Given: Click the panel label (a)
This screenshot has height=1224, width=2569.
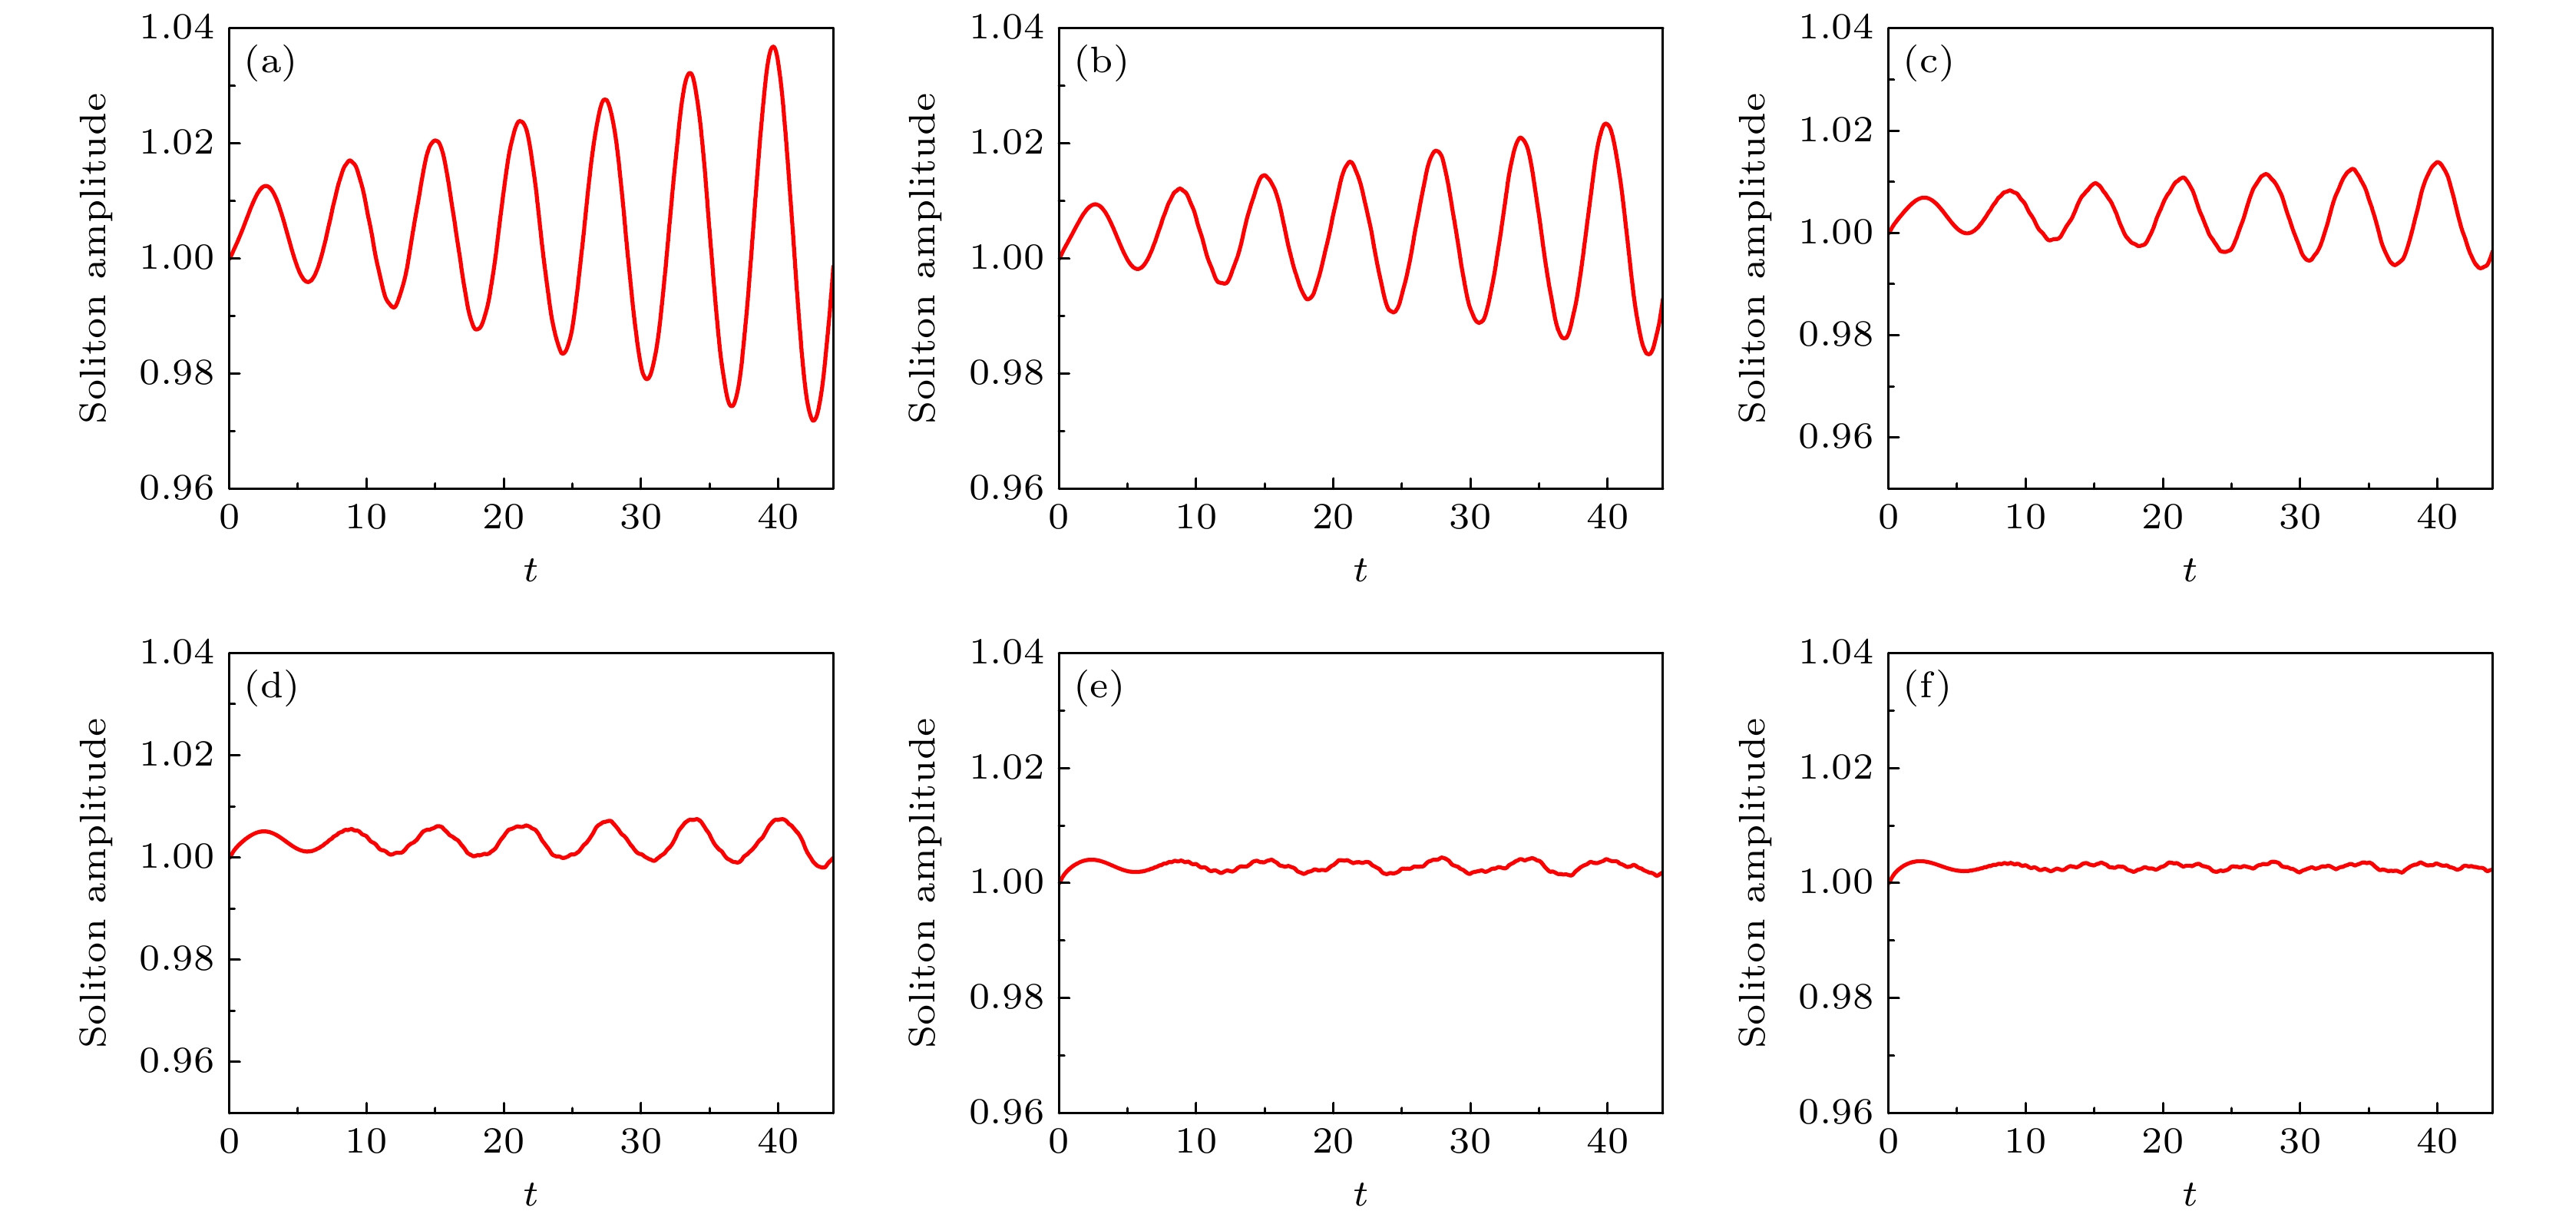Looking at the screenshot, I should point(269,63).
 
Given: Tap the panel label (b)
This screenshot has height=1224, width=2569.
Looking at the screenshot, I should point(1100,63).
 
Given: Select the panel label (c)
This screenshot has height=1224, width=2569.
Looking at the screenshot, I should point(1928,63).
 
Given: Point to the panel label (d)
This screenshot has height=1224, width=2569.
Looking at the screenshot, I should point(270,687).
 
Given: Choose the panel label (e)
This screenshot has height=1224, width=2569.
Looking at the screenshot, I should point(1099,687).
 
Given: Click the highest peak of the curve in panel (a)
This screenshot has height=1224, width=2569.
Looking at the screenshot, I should point(773,47).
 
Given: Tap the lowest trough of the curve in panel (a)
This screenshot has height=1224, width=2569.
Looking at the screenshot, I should point(814,420).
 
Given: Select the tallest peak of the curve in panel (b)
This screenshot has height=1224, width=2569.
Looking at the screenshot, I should point(1605,124).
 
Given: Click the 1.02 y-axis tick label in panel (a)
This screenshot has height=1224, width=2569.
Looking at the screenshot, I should point(177,143).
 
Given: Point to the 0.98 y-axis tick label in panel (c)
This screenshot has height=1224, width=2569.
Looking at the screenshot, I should point(1835,334).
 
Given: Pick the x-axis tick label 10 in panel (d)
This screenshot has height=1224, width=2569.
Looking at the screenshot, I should point(366,1142).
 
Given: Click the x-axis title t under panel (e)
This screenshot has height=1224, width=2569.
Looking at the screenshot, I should point(1361,1194).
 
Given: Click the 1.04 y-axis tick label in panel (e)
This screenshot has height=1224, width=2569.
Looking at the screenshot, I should point(1007,653).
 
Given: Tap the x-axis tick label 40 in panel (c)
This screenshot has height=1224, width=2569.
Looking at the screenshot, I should point(2436,518).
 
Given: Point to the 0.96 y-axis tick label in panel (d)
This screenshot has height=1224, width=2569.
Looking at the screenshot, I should point(177,1061).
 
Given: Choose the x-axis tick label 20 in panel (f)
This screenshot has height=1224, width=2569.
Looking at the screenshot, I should point(2162,1142).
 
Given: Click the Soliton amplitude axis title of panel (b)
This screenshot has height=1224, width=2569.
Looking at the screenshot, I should point(922,257).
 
